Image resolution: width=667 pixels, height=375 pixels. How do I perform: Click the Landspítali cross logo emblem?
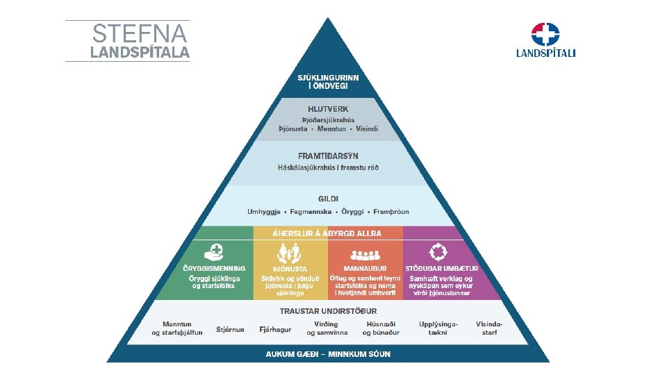(x=545, y=34)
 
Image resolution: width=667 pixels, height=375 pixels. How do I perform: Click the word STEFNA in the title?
(x=140, y=33)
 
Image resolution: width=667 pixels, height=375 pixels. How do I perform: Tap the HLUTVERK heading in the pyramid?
(x=328, y=109)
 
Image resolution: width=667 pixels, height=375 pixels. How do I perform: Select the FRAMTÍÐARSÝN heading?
(x=328, y=156)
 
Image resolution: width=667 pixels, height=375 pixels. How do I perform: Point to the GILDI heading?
(x=328, y=199)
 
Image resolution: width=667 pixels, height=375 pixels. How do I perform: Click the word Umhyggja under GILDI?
(x=265, y=212)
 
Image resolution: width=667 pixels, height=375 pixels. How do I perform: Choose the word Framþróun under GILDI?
(x=391, y=212)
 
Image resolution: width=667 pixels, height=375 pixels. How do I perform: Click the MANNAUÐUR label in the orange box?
(x=365, y=269)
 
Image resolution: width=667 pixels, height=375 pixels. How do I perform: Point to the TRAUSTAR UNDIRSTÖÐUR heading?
(x=328, y=310)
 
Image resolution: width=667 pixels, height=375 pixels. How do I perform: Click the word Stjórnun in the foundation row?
(x=231, y=328)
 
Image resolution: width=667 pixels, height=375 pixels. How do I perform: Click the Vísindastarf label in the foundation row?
(x=489, y=328)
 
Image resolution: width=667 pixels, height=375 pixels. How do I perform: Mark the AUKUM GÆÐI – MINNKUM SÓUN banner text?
(x=328, y=354)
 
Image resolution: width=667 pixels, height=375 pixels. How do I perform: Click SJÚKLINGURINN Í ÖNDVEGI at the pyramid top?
(x=328, y=81)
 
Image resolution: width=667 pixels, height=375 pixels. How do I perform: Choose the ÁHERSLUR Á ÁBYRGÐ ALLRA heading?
(x=328, y=233)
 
